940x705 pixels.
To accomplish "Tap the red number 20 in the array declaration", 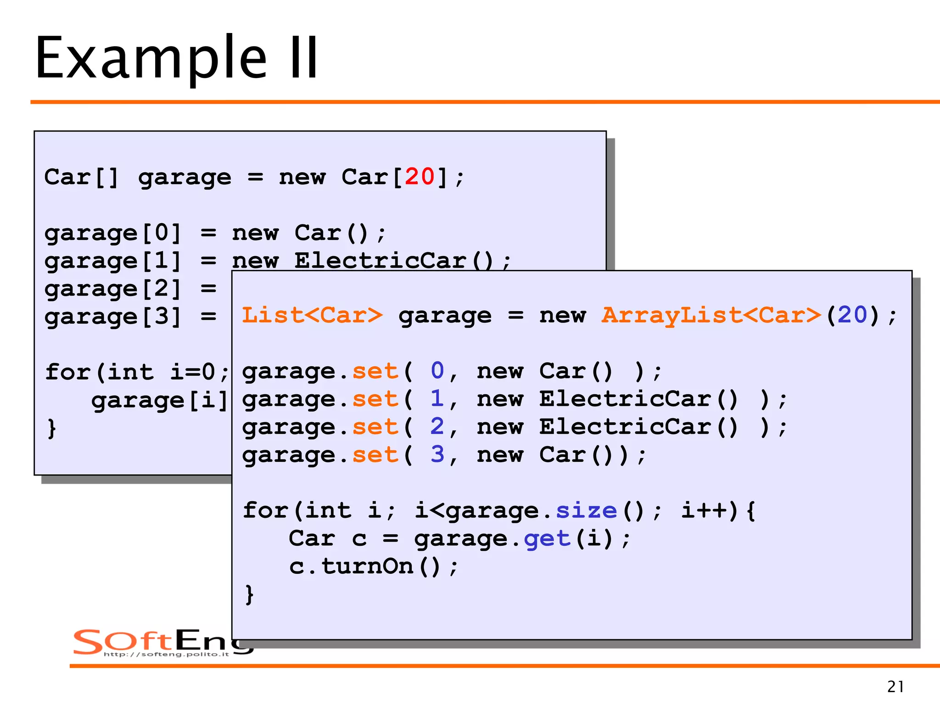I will (x=419, y=177).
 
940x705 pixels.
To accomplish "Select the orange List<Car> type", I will (x=312, y=315).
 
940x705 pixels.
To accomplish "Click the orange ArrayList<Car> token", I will (x=711, y=315).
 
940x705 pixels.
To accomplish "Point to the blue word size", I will (x=586, y=510).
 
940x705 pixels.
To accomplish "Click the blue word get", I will (x=547, y=539).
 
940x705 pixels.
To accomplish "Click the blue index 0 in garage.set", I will (x=437, y=371).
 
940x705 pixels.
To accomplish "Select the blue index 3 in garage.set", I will (x=437, y=455).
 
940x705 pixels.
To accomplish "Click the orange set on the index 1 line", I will (x=375, y=399).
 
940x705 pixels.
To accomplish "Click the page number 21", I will (x=895, y=687).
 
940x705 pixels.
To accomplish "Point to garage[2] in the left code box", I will (x=112, y=289).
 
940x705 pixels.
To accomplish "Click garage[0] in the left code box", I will (x=112, y=233).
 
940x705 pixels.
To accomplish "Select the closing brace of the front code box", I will (x=249, y=595).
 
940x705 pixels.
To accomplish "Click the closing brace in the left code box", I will (x=52, y=428).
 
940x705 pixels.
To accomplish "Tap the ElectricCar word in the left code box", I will (x=380, y=261).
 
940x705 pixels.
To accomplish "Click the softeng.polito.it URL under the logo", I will (x=166, y=654).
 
